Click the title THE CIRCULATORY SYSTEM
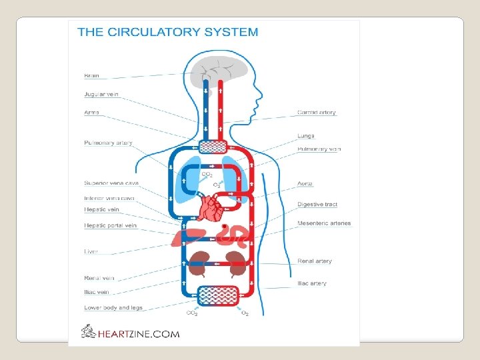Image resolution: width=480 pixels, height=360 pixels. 167,31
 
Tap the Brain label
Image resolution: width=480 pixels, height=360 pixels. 91,75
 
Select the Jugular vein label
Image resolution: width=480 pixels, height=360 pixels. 101,94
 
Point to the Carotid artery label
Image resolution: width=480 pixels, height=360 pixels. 317,113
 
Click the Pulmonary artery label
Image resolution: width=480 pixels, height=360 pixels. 108,143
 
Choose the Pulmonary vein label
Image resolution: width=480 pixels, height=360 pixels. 319,149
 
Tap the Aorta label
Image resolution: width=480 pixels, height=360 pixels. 305,183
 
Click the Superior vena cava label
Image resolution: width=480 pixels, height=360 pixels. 111,182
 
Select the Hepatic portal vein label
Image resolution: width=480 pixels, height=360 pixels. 111,225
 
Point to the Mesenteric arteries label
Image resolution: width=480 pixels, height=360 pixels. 324,223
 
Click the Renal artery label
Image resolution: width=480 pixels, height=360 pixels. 315,261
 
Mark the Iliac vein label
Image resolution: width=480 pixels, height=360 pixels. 97,292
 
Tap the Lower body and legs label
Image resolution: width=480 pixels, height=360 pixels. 113,308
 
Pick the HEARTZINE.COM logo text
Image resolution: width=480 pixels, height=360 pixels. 137,333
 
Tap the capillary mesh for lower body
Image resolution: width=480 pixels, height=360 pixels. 219,296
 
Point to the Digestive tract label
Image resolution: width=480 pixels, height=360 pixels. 317,204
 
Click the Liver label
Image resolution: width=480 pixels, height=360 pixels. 91,252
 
